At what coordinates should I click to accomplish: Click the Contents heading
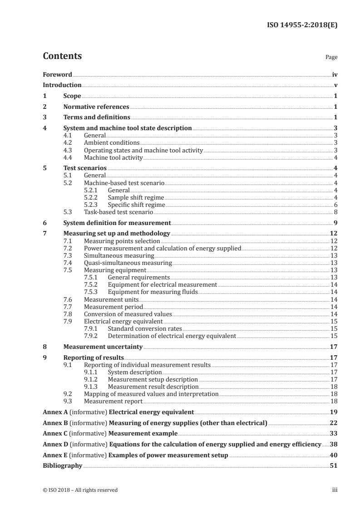click(62, 56)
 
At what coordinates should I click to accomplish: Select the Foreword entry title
click(57, 74)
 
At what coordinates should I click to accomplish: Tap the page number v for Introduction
click(335, 85)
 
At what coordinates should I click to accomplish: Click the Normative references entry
click(96, 107)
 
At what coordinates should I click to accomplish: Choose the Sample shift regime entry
click(136, 198)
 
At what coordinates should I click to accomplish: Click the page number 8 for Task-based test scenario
click(335, 212)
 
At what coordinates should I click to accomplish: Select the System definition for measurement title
click(117, 223)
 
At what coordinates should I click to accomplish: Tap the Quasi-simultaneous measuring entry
click(128, 263)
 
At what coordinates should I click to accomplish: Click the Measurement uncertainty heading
click(103, 347)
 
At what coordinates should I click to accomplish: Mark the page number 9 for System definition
click(335, 223)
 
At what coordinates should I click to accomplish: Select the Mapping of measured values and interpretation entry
click(151, 394)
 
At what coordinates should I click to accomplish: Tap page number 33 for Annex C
click(333, 433)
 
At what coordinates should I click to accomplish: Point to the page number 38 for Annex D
click(333, 444)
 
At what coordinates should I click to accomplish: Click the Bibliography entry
click(62, 465)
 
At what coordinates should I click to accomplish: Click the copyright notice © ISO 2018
click(80, 490)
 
